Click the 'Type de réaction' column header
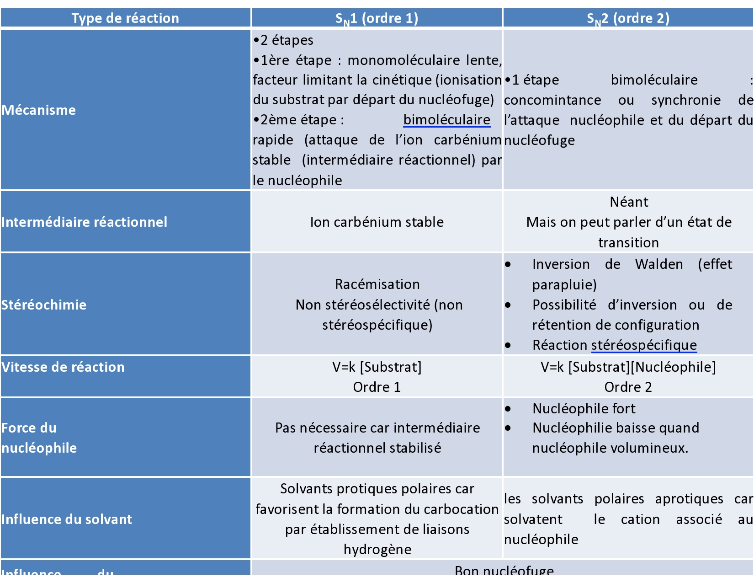[125, 18]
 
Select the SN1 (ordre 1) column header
[377, 18]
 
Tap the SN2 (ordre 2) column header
[628, 18]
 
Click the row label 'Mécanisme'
[39, 110]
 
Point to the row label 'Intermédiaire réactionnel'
[84, 222]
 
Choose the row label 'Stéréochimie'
[44, 305]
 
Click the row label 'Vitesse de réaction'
[63, 367]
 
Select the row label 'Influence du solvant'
[67, 519]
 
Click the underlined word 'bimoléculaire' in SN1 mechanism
[446, 120]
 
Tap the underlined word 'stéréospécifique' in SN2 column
[644, 345]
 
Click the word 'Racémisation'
[377, 284]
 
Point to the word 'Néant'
[629, 202]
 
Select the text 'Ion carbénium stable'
[377, 222]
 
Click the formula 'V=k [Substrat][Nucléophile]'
[628, 367]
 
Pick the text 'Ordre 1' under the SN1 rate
[377, 387]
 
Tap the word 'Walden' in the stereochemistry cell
[659, 264]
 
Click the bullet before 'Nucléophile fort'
[508, 409]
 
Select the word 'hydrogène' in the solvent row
[377, 550]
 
